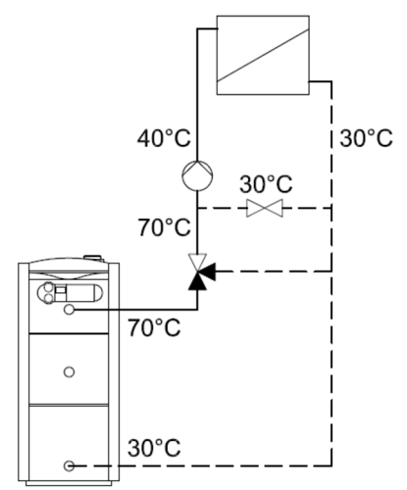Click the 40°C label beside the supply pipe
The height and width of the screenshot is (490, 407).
point(164,138)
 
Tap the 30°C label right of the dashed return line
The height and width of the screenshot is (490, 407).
point(366,138)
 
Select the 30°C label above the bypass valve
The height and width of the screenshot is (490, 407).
point(266,184)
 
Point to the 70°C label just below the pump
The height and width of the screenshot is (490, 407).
point(164,227)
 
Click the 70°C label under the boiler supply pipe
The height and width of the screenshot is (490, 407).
point(154,327)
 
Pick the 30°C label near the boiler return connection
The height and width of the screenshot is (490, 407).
point(154,448)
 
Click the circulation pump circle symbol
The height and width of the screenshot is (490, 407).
point(197,175)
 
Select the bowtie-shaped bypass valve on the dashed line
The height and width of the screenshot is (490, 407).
point(265,208)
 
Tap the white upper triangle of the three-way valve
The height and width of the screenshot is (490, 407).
point(197,262)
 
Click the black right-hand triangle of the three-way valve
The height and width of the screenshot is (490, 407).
point(208,271)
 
